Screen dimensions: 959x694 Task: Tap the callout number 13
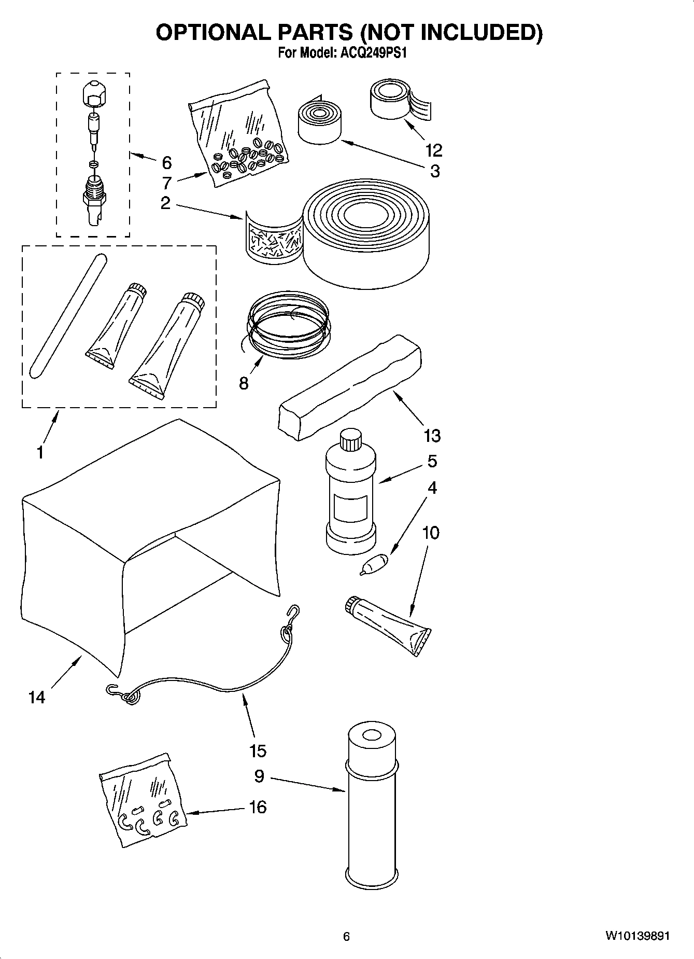432,436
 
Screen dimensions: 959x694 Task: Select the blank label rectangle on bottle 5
351,508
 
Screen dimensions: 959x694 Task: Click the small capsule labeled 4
374,564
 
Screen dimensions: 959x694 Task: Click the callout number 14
37,698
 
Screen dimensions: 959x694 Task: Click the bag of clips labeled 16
143,799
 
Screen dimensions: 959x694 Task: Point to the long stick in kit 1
67,316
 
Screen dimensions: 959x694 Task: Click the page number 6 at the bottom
346,936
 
